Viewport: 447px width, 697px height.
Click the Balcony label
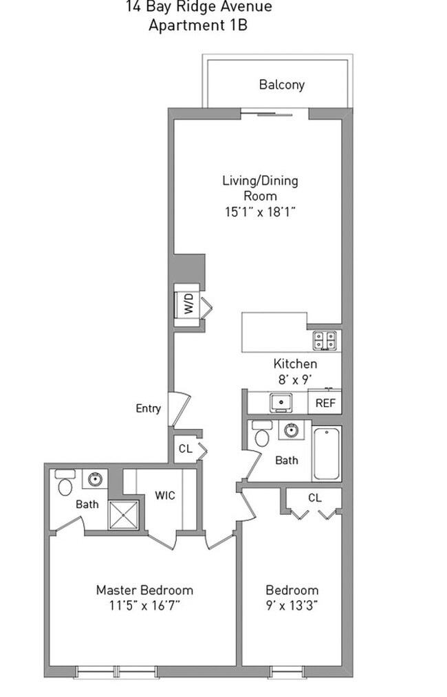pos(281,85)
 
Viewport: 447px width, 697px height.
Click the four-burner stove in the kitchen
pos(325,340)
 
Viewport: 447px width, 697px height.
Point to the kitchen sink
pos(281,401)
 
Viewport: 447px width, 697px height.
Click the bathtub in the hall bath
pos(327,454)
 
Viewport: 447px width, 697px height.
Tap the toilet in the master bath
pos(64,483)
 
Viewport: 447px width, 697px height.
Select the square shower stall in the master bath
pos(124,515)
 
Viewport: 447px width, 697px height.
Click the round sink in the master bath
pos(95,479)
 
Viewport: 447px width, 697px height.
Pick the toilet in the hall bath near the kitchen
pos(262,434)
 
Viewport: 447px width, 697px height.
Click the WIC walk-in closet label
pos(164,495)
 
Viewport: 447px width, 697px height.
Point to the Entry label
pos(148,409)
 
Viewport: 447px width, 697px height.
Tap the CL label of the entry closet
pos(184,449)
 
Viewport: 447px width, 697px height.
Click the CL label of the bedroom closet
pos(314,497)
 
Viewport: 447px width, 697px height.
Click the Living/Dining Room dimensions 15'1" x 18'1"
pos(260,212)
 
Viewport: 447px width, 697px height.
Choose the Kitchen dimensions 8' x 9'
pos(295,379)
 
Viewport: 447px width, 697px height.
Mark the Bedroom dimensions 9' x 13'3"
pos(292,606)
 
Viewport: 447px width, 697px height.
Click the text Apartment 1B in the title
pos(198,26)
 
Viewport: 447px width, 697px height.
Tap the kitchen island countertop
pos(274,332)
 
